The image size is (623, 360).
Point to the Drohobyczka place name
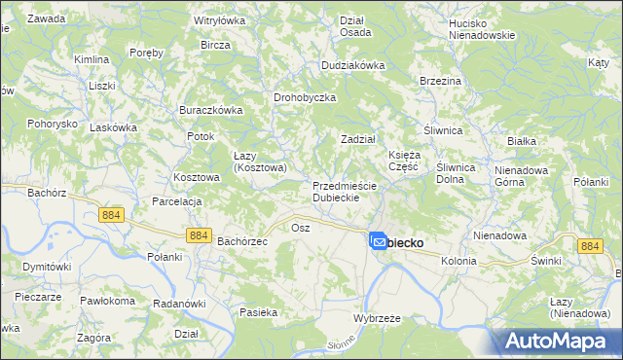click(305, 98)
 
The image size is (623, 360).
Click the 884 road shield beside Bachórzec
click(199, 235)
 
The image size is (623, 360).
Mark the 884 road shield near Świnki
click(588, 247)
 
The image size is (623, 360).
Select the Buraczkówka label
click(210, 111)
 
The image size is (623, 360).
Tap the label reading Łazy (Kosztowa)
click(259, 162)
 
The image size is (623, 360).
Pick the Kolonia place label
click(458, 262)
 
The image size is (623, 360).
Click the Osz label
click(300, 227)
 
